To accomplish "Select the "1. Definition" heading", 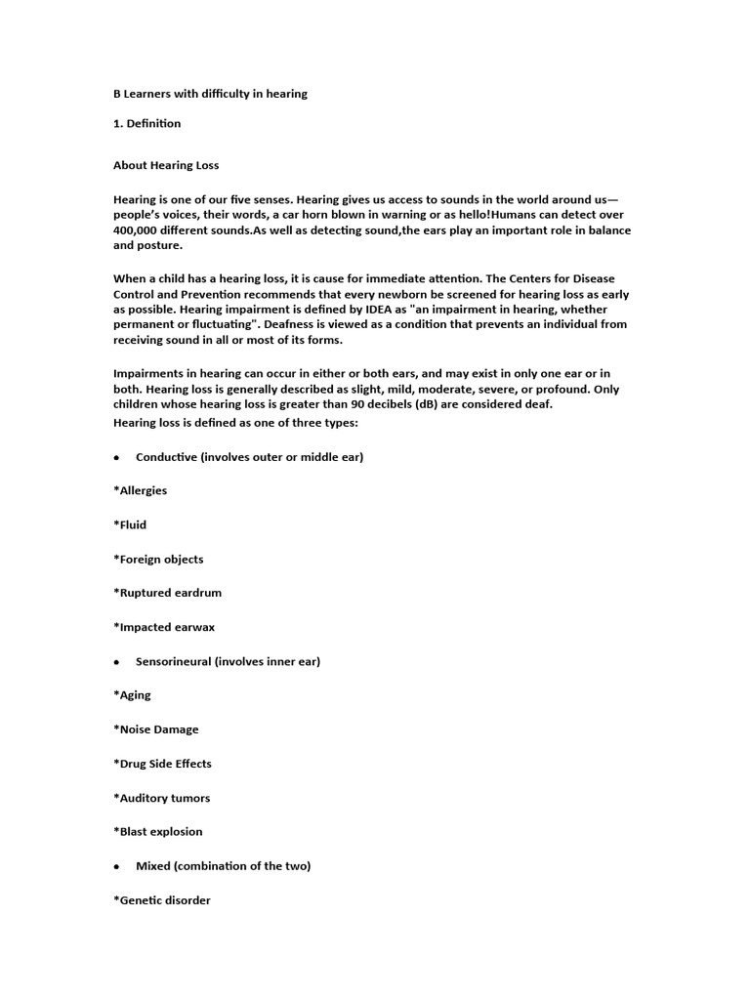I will point(147,124).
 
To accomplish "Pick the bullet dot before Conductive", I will point(116,457).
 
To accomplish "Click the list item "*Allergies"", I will point(141,490).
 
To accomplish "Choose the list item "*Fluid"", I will point(130,524).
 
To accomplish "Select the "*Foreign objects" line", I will point(158,560).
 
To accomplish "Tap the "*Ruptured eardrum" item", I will point(164,593).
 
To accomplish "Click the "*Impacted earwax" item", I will point(160,627).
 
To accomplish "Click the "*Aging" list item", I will point(132,695).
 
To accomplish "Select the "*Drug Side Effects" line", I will point(162,764).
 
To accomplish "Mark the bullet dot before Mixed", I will point(116,866).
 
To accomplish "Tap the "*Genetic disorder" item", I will point(162,900).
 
